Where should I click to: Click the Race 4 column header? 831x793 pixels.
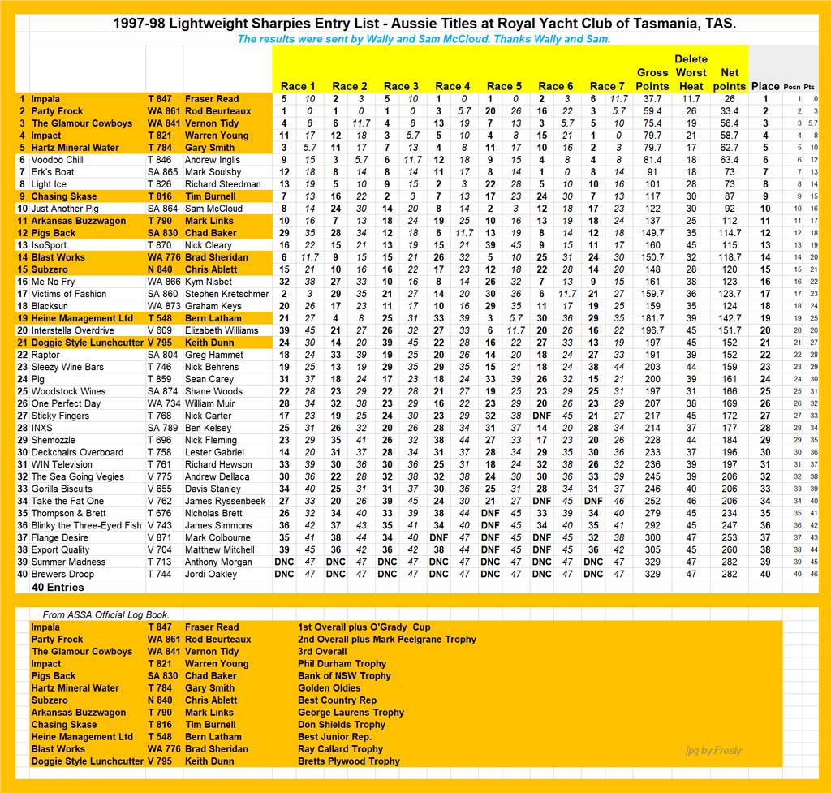coord(453,86)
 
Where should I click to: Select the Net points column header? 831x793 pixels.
coord(730,79)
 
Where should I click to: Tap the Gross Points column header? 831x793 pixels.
coord(652,79)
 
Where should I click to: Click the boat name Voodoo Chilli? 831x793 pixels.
coord(58,160)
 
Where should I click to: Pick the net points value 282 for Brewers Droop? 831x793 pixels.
coord(730,574)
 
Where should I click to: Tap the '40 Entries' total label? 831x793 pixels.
coord(58,587)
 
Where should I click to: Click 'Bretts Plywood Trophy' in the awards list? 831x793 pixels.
coord(349,761)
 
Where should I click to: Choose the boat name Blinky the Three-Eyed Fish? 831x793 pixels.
coord(86,525)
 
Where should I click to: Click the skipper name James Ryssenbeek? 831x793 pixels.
coord(225,501)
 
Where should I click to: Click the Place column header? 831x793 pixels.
coord(765,86)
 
